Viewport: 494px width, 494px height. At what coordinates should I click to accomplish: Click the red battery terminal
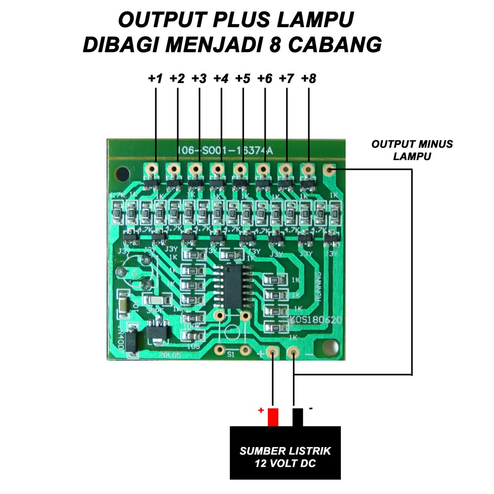(x=273, y=417)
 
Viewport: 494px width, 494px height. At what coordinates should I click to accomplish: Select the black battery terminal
(x=298, y=417)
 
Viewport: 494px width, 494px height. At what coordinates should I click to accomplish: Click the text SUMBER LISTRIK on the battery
(x=285, y=451)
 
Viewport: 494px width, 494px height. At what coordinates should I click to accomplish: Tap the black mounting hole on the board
(x=122, y=174)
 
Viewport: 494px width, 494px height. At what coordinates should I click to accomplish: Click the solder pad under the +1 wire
(x=151, y=169)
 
